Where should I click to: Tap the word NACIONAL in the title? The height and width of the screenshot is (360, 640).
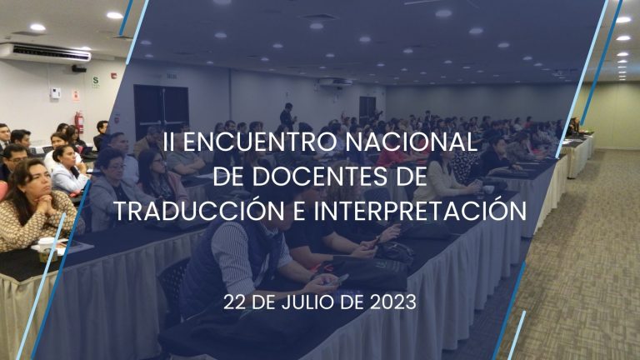(412, 142)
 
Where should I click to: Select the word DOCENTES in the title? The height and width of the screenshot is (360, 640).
(319, 177)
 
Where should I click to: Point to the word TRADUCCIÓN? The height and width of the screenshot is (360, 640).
(199, 210)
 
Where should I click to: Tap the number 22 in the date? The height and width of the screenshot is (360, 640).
(235, 302)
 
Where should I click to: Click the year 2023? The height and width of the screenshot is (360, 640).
(393, 302)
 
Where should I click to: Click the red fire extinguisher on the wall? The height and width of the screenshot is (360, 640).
(79, 122)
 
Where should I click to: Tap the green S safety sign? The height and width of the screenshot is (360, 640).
(96, 82)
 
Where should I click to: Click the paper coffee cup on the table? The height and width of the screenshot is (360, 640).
(46, 248)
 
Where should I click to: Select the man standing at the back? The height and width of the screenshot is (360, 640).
(287, 117)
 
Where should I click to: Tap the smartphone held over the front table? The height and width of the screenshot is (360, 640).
(340, 280)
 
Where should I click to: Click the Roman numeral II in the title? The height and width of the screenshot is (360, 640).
(167, 142)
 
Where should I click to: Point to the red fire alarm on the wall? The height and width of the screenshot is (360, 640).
(114, 76)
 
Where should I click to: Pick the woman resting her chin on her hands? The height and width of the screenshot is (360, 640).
(35, 204)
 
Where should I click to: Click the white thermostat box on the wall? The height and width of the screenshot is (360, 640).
(55, 93)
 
